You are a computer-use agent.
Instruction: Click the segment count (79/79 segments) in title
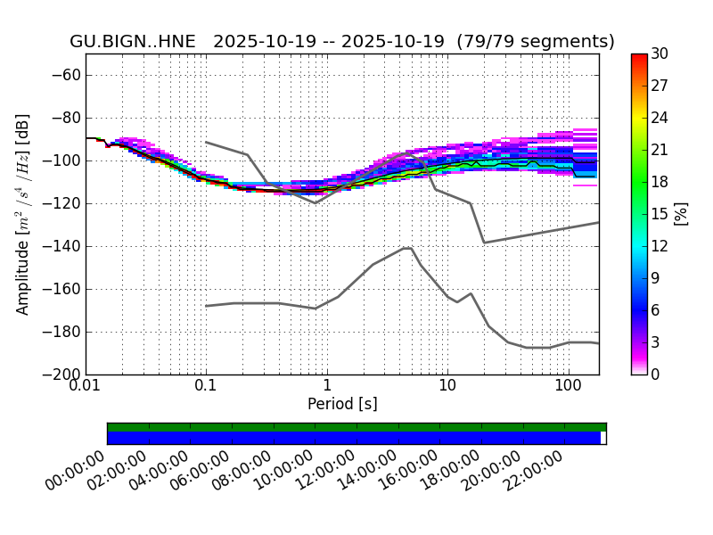click(x=536, y=42)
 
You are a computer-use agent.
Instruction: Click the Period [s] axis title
click(x=342, y=404)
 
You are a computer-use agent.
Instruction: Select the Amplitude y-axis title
click(x=23, y=214)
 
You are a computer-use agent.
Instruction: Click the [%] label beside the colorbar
click(x=682, y=214)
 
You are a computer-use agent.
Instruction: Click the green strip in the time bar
click(x=356, y=427)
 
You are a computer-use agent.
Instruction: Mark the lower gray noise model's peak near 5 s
click(x=407, y=248)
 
